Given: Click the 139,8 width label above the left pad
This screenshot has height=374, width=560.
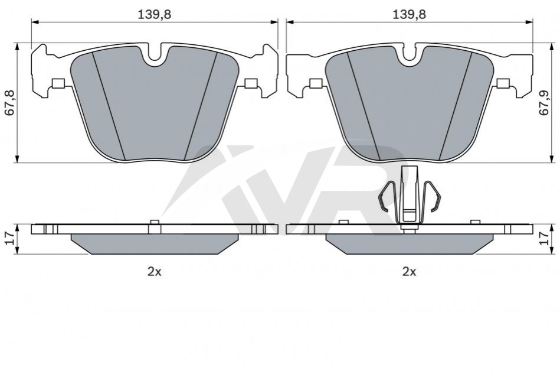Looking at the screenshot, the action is (x=155, y=15).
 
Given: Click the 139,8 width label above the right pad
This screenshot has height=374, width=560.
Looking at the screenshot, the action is (x=410, y=15).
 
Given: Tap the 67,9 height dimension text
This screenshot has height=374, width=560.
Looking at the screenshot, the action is (x=543, y=103).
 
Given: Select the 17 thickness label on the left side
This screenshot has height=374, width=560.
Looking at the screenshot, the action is (x=9, y=238).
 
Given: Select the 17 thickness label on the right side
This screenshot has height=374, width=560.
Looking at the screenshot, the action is (x=543, y=238).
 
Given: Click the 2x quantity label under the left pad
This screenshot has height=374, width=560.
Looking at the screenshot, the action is (x=155, y=272).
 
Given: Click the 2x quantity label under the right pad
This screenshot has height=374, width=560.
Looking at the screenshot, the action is (x=410, y=272).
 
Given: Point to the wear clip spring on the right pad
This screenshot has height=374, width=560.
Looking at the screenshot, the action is (x=410, y=198).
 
